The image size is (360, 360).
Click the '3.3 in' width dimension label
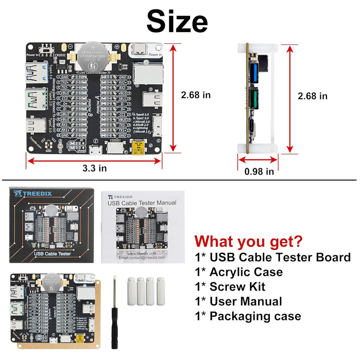pos(94,168)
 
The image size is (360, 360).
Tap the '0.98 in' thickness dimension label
pos(259,171)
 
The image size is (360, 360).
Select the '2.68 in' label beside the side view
pos(312,96)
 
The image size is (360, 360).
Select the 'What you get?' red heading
pos(248,240)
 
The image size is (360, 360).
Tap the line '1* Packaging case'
pos(248,316)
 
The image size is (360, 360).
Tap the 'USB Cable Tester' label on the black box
pos(52,254)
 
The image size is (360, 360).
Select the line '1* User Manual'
pos(238,301)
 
